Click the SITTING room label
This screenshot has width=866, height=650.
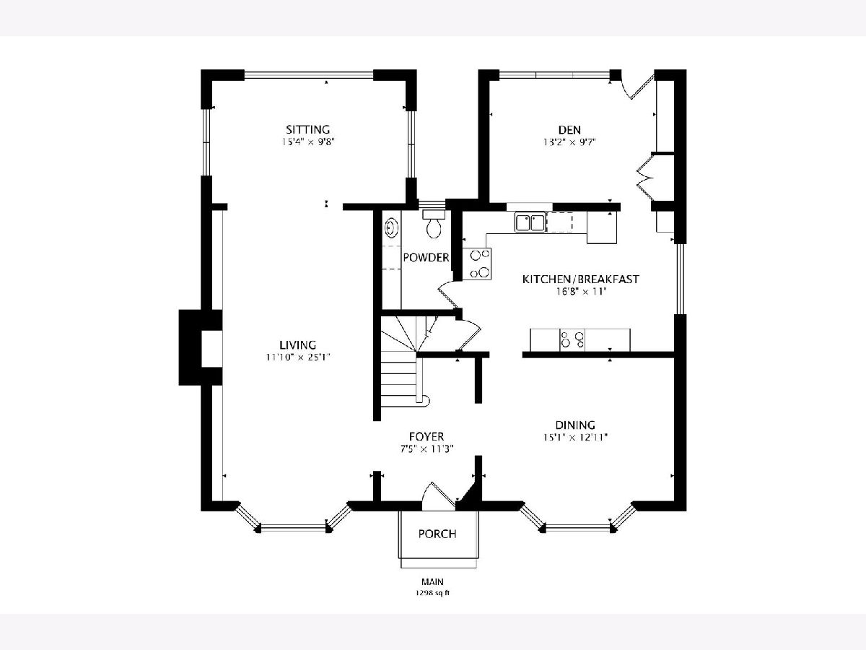coord(307,129)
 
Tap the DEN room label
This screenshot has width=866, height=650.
coord(569,129)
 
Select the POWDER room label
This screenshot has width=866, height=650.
coord(426,258)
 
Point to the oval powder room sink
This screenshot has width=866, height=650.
coord(391,228)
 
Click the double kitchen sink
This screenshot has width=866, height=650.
coord(530,222)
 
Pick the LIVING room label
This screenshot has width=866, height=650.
coord(298,345)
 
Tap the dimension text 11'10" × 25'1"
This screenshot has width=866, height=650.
coord(298,357)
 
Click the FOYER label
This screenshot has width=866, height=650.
coord(427,436)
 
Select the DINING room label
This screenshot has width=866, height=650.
coord(575,425)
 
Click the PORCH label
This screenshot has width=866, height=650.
coord(437,534)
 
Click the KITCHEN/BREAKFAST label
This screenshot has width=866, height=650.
coord(580,279)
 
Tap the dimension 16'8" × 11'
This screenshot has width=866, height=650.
coord(580,292)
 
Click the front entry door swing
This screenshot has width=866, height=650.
coord(439,496)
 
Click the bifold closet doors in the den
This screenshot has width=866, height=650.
coord(644,176)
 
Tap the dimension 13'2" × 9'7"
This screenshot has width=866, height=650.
coord(569,142)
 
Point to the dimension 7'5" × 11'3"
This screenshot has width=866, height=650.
coord(427,448)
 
